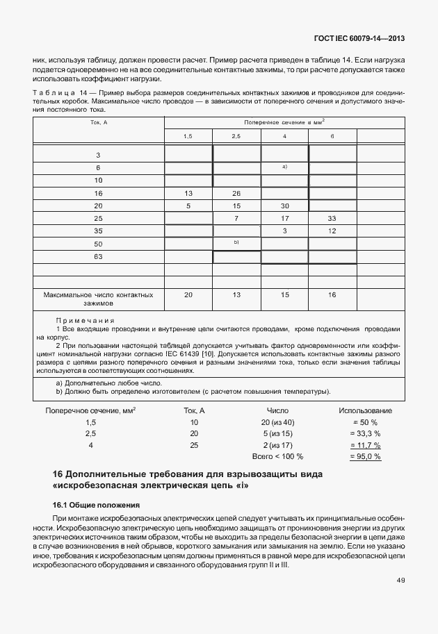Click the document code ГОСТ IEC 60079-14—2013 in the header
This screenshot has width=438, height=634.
click(x=361, y=40)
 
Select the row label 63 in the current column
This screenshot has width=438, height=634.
click(x=98, y=256)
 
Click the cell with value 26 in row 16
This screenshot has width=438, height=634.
click(x=236, y=193)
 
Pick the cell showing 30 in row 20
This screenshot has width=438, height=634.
click(x=284, y=206)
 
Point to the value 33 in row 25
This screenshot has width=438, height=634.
click(x=332, y=219)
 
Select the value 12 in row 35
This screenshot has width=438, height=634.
click(x=332, y=231)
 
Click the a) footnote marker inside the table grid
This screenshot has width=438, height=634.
click(x=284, y=167)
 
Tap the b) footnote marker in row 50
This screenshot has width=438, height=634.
click(x=236, y=242)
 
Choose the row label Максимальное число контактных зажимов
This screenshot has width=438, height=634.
click(x=98, y=299)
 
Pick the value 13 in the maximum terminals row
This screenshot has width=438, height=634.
click(x=236, y=295)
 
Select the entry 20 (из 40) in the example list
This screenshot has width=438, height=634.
click(x=277, y=422)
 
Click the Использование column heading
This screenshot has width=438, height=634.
click(x=364, y=411)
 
